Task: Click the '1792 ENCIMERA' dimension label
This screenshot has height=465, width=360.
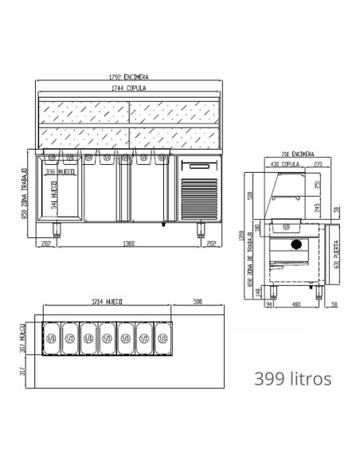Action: coord(129,76)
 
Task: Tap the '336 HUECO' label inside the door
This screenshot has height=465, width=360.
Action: coord(61,170)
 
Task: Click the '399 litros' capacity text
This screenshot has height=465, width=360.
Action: coord(292,377)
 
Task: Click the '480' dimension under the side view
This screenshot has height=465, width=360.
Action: coord(296,303)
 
